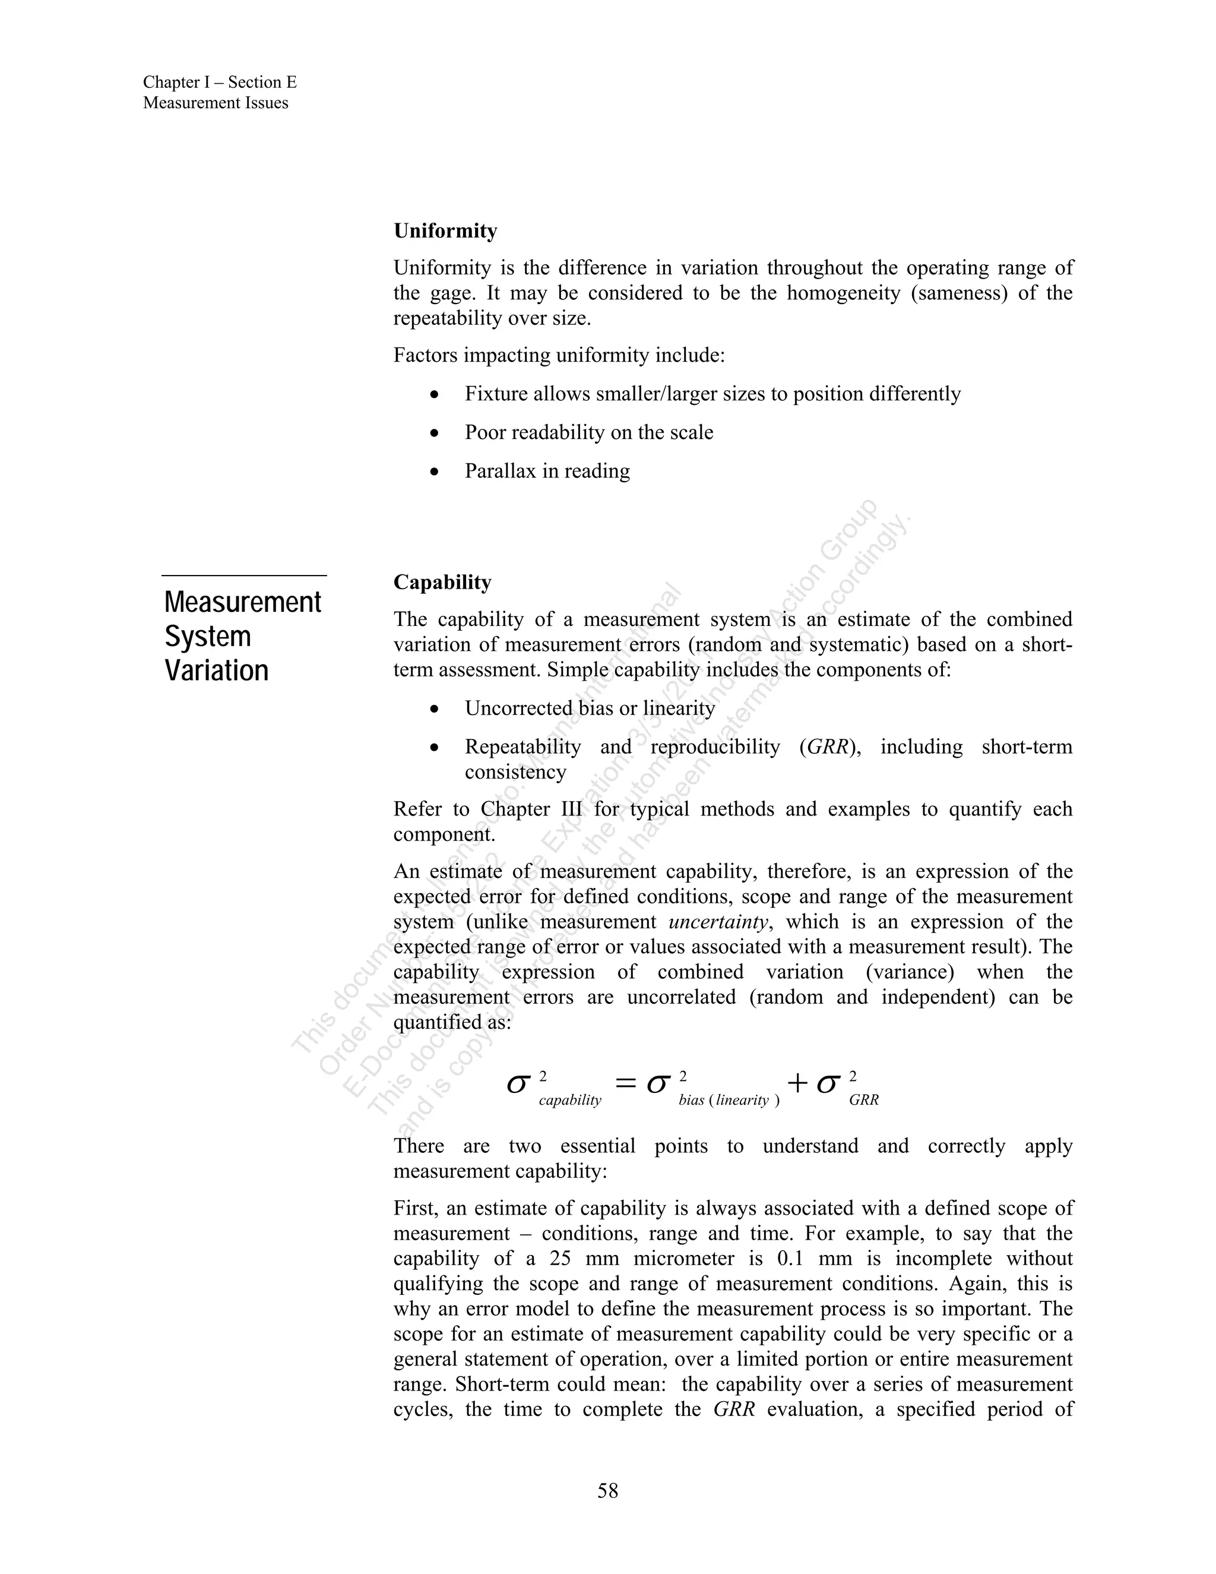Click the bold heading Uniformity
pos(445,230)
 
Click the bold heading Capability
pos(442,581)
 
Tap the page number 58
pos(607,1490)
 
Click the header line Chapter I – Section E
pos(220,82)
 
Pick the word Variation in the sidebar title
pos(216,670)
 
